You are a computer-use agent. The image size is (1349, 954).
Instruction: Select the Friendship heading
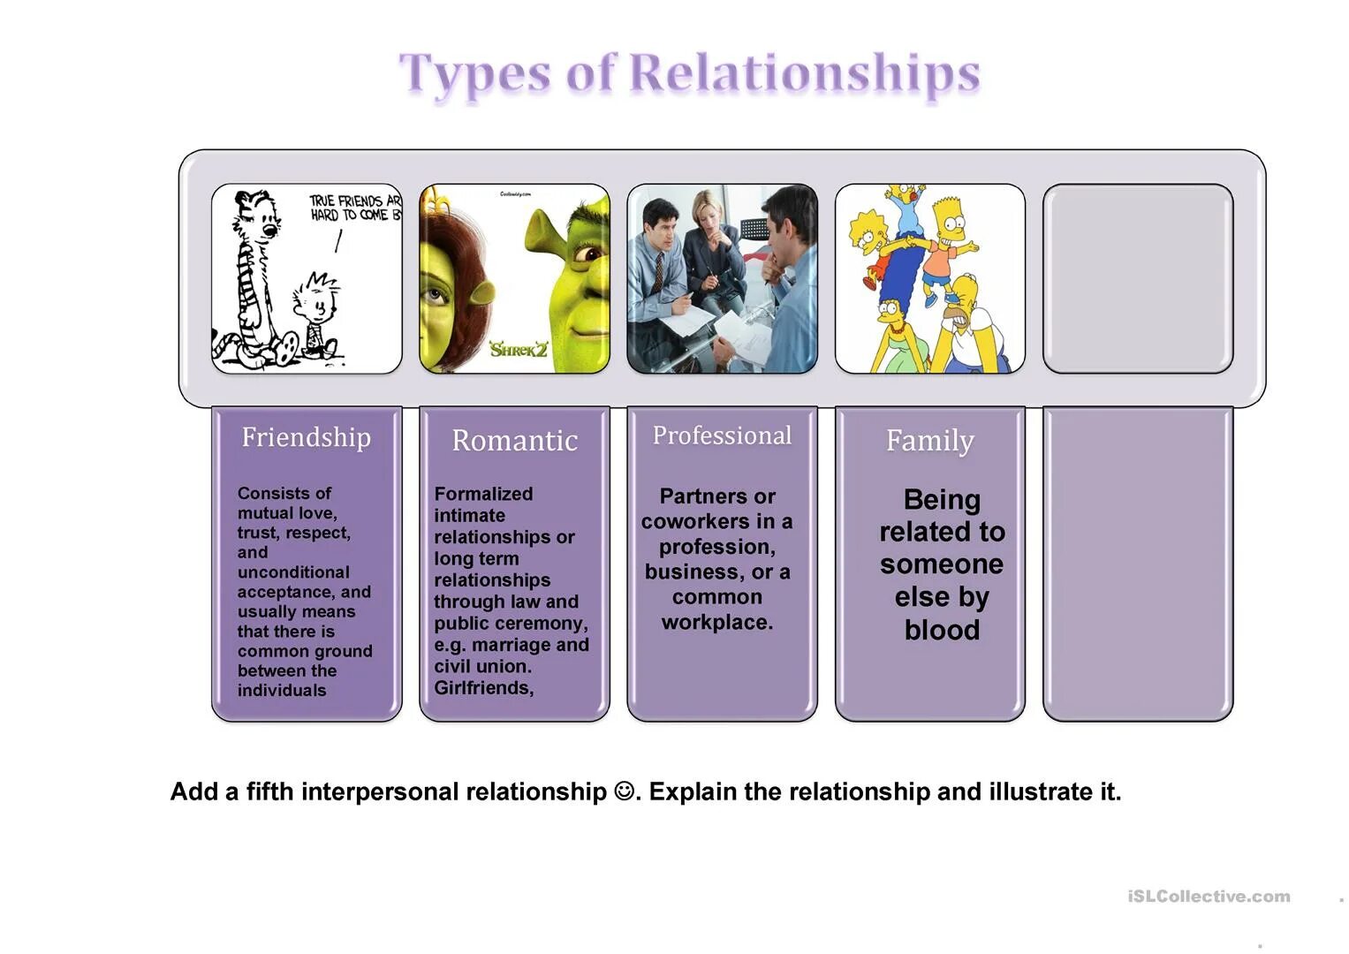(306, 437)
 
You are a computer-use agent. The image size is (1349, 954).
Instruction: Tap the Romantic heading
(514, 440)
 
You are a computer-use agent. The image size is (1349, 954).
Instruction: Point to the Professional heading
(722, 435)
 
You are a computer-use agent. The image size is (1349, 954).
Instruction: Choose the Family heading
(929, 440)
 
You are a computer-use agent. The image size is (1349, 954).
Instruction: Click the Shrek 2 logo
(519, 350)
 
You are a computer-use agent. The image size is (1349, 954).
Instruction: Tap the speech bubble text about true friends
(354, 208)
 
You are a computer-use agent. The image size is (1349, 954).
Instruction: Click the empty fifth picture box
(1137, 278)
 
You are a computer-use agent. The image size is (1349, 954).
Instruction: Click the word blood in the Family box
(942, 630)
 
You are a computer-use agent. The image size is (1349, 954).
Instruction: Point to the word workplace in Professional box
(716, 623)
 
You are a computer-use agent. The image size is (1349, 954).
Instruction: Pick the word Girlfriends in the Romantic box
(483, 688)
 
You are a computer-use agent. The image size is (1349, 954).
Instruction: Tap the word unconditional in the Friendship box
(293, 572)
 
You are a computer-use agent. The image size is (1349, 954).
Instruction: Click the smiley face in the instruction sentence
(624, 791)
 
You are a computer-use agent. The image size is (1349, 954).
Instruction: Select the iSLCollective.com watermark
(1209, 897)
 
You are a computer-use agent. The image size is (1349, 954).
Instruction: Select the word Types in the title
(474, 74)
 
